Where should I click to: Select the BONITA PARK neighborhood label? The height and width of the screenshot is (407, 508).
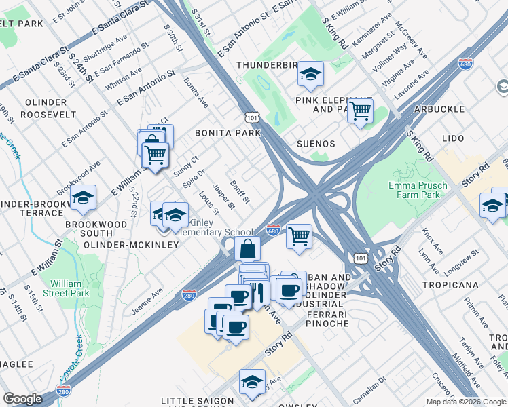tap(228, 133)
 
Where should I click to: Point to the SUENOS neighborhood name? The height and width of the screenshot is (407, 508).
tap(316, 144)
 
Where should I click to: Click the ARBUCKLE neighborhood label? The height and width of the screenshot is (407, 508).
tap(441, 109)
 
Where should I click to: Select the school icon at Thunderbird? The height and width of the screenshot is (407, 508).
tap(310, 74)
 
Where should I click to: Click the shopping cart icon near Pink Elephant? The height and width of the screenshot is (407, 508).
tap(360, 111)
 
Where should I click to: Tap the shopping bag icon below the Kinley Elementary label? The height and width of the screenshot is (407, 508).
tap(248, 248)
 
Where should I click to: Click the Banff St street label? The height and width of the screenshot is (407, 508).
tap(240, 191)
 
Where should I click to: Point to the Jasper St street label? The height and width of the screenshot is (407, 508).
tap(223, 197)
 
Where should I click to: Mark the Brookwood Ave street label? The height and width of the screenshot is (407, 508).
tap(79, 176)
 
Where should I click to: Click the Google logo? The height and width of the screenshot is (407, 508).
tap(22, 399)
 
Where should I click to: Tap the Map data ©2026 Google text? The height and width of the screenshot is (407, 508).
tap(465, 402)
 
